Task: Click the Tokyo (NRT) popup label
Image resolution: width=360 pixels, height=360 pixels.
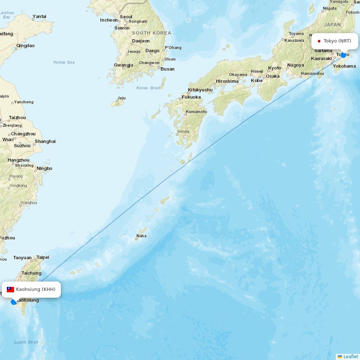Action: [x=337, y=41]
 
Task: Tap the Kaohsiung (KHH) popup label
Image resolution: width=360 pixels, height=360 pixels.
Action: [x=36, y=289]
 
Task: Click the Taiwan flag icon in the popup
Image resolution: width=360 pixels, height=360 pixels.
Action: [x=10, y=289]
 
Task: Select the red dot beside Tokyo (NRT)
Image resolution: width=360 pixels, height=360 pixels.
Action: [x=319, y=41]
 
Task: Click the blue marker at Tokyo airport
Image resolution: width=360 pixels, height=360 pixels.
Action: [x=343, y=55]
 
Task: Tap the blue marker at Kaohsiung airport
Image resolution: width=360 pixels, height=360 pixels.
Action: [x=14, y=302]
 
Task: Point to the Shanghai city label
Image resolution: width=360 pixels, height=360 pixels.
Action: [x=45, y=141]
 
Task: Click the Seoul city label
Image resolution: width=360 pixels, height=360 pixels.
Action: [x=126, y=17]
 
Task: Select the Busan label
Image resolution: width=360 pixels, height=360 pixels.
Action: [x=167, y=69]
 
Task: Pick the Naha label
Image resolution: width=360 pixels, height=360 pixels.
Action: [x=141, y=236]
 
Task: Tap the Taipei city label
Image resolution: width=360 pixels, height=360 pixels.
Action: [x=43, y=257]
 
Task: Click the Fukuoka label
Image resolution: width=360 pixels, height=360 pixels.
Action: [x=191, y=97]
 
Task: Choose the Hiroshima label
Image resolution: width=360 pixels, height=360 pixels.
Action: [x=227, y=81]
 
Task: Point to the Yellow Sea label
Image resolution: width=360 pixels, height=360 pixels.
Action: [x=64, y=62]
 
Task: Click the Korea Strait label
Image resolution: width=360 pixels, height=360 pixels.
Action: [x=148, y=88]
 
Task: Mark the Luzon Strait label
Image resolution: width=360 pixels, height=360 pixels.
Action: [x=26, y=342]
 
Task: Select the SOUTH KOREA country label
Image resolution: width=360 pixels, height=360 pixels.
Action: [x=152, y=33]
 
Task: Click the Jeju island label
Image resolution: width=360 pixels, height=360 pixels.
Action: [x=121, y=98]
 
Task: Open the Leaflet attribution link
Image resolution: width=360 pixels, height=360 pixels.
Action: [x=350, y=356]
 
